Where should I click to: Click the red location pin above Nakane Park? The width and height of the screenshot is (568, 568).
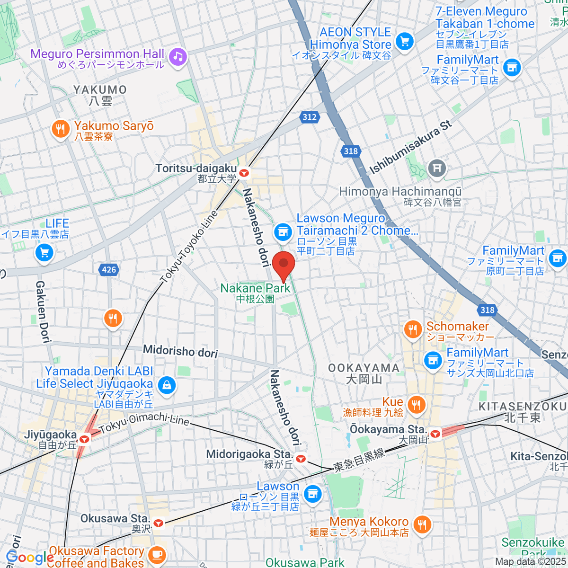284,265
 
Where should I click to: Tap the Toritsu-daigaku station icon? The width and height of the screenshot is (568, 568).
244,173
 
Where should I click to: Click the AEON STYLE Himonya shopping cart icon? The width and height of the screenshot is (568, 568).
404,42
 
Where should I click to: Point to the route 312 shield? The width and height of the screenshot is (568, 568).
309,117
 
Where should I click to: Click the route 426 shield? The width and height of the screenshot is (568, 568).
109,270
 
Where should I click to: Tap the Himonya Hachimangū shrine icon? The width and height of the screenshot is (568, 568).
436,168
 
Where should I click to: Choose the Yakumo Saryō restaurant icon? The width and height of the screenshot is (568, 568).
61,129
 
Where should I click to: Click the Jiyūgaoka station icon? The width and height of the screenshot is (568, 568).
85,439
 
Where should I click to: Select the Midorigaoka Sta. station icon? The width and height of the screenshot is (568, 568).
300,459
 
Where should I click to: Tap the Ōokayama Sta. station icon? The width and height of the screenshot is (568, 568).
435,433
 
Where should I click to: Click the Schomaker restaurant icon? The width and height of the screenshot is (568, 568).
413,329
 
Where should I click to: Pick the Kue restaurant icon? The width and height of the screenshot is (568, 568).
417,405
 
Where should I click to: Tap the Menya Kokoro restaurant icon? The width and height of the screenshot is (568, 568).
421,524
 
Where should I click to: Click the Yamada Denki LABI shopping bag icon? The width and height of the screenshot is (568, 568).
166,385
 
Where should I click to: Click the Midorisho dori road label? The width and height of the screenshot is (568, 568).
180,351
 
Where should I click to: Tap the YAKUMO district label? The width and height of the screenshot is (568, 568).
100,90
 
